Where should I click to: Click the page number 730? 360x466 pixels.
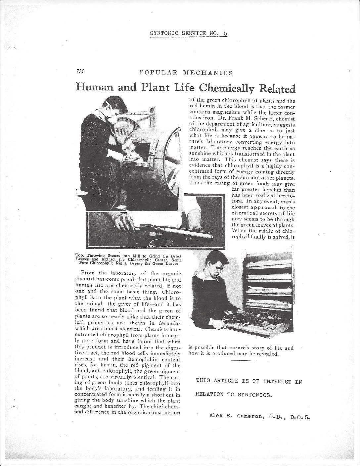[81, 71]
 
